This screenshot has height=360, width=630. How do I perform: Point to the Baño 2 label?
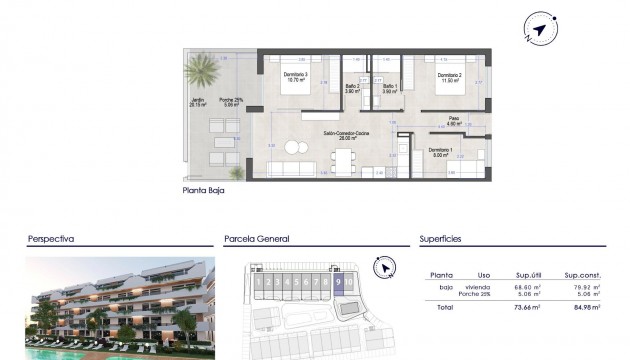(351, 87)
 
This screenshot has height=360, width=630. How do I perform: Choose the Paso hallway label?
(453, 119)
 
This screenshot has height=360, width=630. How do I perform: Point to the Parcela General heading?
(256, 240)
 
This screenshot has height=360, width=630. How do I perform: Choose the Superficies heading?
(441, 240)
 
